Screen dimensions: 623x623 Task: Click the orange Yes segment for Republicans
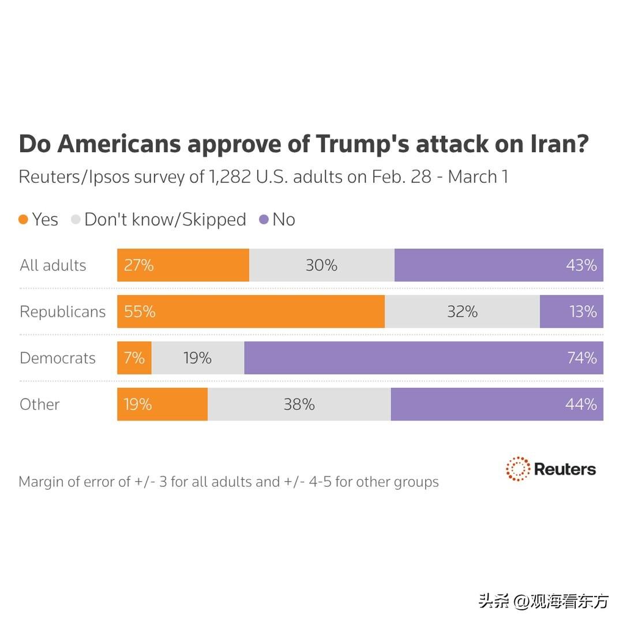click(x=251, y=311)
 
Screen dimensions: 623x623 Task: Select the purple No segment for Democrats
click(x=423, y=358)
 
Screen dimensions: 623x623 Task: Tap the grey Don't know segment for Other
click(x=299, y=404)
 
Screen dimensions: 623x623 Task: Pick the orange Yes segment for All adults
click(x=183, y=265)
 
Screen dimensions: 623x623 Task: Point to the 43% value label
click(x=581, y=265)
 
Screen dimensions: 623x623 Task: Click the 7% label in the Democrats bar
click(x=134, y=358)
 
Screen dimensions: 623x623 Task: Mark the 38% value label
click(x=299, y=404)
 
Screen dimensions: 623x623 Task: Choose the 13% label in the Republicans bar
click(x=583, y=311)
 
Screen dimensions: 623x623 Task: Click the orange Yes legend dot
click(x=24, y=220)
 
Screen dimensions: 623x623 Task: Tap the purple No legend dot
click(x=264, y=220)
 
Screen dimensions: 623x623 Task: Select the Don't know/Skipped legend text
click(x=165, y=220)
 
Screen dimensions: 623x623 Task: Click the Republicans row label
click(x=63, y=311)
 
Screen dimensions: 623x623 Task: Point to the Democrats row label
click(x=58, y=358)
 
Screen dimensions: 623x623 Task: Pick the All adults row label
click(x=53, y=265)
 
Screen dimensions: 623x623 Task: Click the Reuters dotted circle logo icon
click(x=517, y=468)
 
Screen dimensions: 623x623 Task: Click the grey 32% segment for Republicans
click(x=462, y=311)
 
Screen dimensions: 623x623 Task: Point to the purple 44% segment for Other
click(x=497, y=404)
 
